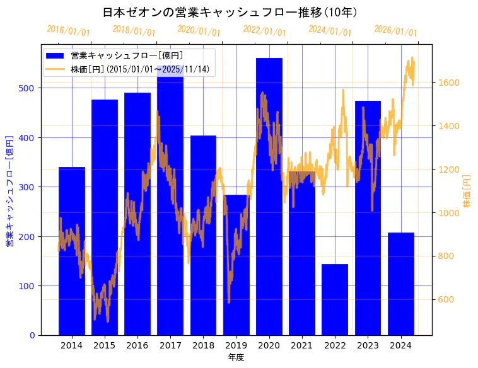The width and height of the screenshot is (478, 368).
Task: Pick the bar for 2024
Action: pyautogui.click(x=401, y=284)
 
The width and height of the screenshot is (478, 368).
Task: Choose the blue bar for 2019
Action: pyautogui.click(x=236, y=265)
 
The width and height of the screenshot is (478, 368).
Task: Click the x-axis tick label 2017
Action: pyautogui.click(x=170, y=345)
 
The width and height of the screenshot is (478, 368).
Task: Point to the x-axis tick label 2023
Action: pyautogui.click(x=368, y=345)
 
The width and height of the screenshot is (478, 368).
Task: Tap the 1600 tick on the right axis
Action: pyautogui.click(x=449, y=83)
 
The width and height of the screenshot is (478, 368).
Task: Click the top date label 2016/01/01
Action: pyautogui.click(x=69, y=31)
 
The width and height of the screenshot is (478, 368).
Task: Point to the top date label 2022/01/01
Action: pyautogui.click(x=265, y=31)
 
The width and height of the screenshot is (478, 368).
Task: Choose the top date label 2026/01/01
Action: pyautogui.click(x=396, y=31)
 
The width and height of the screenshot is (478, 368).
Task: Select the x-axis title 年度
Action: pyautogui.click(x=236, y=357)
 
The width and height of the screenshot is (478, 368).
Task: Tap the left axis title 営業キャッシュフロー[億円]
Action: pyautogui.click(x=9, y=190)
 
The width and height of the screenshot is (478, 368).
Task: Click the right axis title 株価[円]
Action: pyautogui.click(x=467, y=192)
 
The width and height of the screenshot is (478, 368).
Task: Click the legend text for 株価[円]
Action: pyautogui.click(x=140, y=69)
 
